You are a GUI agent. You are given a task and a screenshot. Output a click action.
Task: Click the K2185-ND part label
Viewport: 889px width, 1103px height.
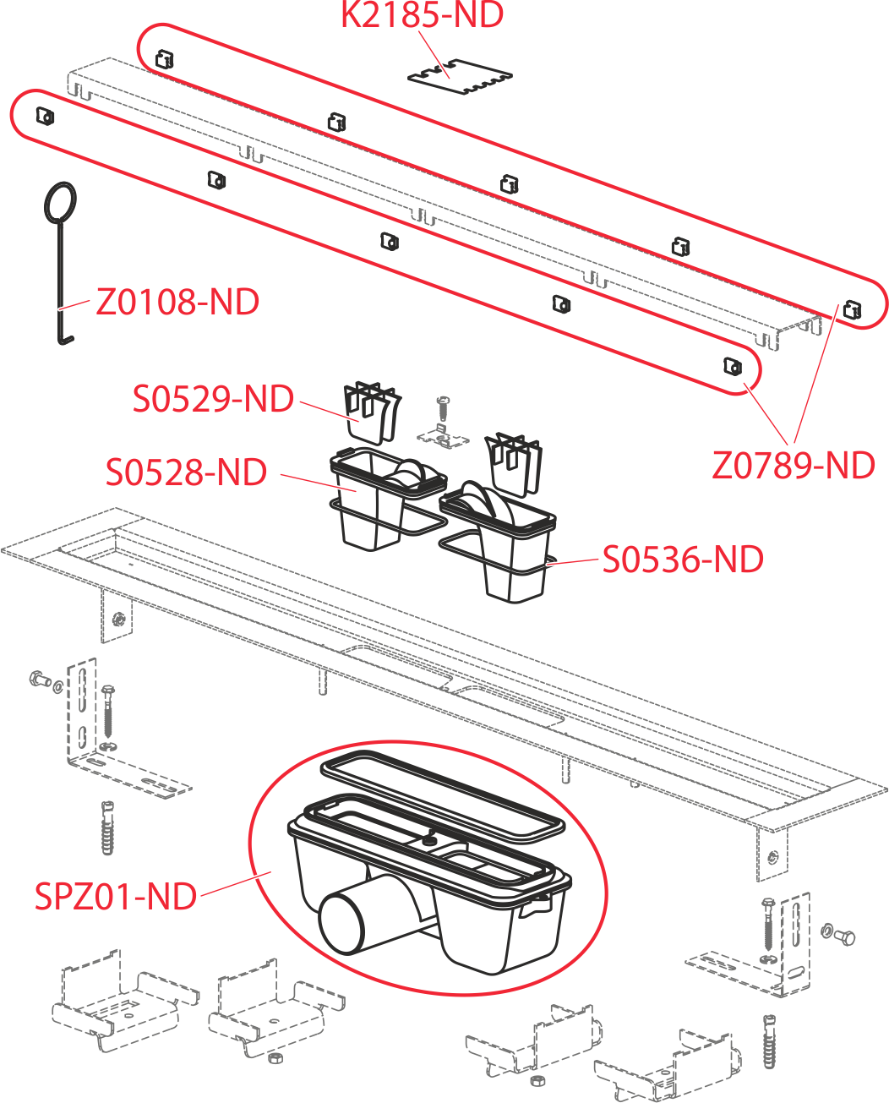(x=423, y=14)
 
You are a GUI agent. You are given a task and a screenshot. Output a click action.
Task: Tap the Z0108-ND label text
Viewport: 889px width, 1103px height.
(x=177, y=302)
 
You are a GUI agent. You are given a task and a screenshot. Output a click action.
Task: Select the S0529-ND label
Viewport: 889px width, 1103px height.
(x=213, y=399)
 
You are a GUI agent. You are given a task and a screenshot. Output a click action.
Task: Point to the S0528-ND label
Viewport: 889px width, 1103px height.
(x=186, y=472)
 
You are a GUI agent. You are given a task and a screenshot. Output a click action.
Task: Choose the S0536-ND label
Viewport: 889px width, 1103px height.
(x=683, y=560)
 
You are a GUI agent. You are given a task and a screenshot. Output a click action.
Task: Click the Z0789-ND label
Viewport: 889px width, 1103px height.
(x=794, y=466)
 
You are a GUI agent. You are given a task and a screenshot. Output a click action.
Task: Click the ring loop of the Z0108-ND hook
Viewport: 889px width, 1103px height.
(x=61, y=203)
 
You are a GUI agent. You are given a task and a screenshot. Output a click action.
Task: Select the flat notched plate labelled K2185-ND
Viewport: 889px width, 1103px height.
(x=460, y=77)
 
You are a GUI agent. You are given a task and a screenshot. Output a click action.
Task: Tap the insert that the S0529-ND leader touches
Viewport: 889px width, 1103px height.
(x=372, y=412)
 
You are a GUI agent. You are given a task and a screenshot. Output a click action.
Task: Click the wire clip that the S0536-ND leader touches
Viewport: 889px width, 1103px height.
(x=498, y=554)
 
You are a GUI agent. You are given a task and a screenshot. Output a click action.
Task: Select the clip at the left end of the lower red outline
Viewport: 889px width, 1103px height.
(x=45, y=117)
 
